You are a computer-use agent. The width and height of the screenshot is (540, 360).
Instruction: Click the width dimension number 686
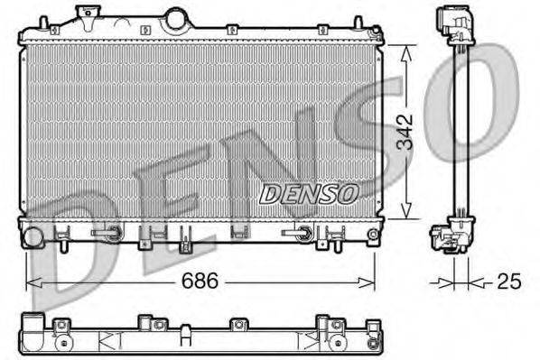202,282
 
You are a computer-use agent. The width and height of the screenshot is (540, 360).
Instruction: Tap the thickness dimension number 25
509,282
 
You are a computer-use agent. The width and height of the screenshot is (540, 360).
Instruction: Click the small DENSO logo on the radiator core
309,192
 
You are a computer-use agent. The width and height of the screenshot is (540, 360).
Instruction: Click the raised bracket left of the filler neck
88,13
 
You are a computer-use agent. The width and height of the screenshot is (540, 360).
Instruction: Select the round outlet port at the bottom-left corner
33,237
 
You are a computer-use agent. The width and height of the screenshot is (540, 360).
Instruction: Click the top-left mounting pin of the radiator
27,32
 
